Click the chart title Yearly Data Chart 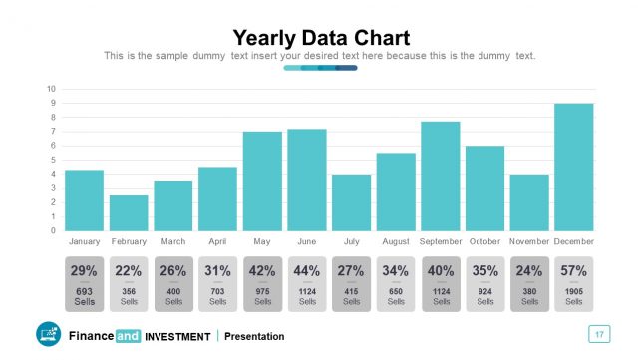pyautogui.click(x=320, y=38)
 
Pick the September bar pyautogui.click(x=441, y=176)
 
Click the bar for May pyautogui.click(x=262, y=180)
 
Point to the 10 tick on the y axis pyautogui.click(x=51, y=89)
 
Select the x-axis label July pyautogui.click(x=351, y=241)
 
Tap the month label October pyautogui.click(x=484, y=241)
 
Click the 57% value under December pyautogui.click(x=574, y=270)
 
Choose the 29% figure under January pyautogui.click(x=85, y=270)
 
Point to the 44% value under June pyautogui.click(x=306, y=270)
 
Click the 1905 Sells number pyautogui.click(x=574, y=291)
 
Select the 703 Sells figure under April pyautogui.click(x=217, y=291)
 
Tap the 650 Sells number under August pyautogui.click(x=396, y=291)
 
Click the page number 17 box pyautogui.click(x=599, y=334)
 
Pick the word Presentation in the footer pyautogui.click(x=254, y=337)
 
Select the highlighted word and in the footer pyautogui.click(x=128, y=337)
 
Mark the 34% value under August pyautogui.click(x=396, y=270)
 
